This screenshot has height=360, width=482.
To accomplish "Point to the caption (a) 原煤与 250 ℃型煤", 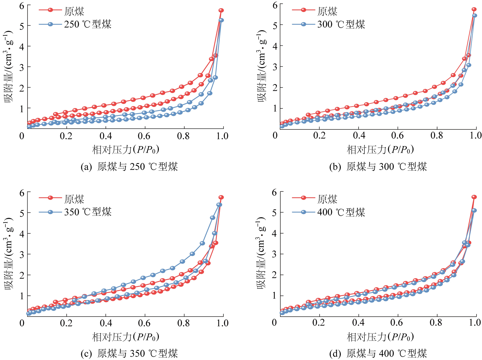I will (129, 167).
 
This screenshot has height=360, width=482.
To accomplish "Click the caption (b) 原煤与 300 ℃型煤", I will (378, 167).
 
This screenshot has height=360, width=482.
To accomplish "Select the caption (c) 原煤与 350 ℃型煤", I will (129, 354).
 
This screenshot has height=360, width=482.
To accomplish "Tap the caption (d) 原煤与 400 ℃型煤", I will (378, 354).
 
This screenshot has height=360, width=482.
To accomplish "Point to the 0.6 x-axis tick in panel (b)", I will (397, 135).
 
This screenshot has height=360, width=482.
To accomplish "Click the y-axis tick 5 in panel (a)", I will (22, 26).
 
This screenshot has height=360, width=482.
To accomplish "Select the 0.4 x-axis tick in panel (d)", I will (358, 322).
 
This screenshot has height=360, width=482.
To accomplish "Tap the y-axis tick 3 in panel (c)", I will (22, 254).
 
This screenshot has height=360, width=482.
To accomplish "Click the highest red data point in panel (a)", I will (221, 10).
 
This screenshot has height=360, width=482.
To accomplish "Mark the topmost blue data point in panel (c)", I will (219, 205).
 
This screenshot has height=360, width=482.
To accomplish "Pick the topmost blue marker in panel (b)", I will (474, 15).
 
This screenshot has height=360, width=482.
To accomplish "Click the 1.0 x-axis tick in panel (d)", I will (475, 322).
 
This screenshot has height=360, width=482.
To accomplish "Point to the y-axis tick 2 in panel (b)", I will (275, 88).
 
